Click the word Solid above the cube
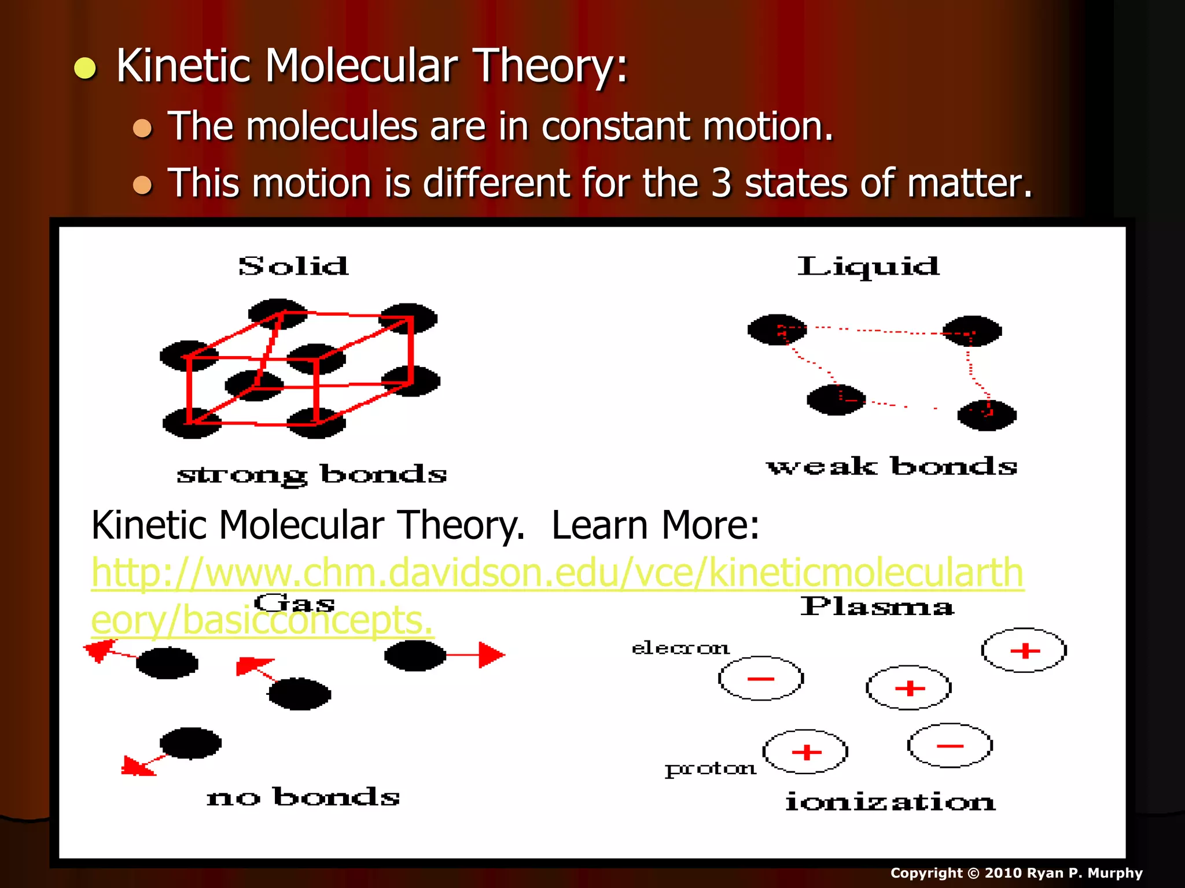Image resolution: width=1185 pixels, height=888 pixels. coord(294,267)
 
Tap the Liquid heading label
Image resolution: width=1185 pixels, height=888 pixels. coord(868,267)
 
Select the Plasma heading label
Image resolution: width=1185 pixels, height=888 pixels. coord(877,606)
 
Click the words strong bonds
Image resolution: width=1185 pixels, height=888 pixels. coord(312,475)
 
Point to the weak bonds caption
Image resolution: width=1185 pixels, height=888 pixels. coord(892,467)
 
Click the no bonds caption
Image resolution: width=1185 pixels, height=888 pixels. coord(303,797)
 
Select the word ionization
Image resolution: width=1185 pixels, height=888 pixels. coord(890,802)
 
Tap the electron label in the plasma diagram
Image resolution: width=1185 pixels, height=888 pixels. coord(680,648)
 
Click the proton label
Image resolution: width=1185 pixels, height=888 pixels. coord(710,768)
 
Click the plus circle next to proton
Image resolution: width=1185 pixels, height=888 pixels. coord(805,752)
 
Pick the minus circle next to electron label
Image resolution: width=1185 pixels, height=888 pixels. coord(761,678)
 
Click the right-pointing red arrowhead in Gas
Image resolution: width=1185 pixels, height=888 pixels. coord(491,655)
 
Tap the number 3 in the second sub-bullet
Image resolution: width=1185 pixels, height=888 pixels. coord(721,183)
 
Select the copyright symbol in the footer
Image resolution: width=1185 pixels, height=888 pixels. coord(974,873)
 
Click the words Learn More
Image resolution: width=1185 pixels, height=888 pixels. coord(655,525)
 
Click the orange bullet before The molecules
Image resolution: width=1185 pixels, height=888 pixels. coord(142,128)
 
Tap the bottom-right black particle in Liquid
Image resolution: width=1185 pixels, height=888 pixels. coord(987,415)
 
